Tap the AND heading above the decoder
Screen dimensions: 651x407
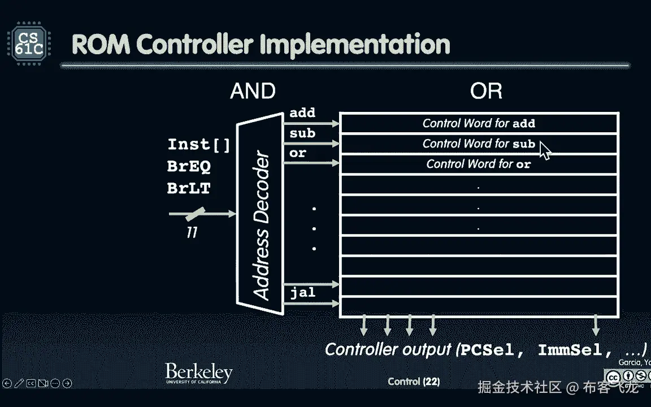click(x=253, y=91)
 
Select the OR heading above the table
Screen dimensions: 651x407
click(x=486, y=91)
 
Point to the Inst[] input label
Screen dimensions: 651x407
click(x=199, y=145)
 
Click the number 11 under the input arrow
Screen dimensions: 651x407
click(x=192, y=232)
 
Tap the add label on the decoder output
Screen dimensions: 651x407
click(x=302, y=112)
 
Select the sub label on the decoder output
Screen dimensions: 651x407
click(x=302, y=134)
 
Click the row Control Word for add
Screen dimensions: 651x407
click(x=479, y=123)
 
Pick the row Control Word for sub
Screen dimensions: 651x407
click(x=479, y=144)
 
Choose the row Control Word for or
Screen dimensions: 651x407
click(x=479, y=164)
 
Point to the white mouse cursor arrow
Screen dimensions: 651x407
click(x=545, y=150)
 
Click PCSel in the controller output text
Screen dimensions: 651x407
click(x=488, y=350)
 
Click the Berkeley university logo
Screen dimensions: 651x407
click(x=198, y=374)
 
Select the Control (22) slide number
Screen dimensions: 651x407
click(x=414, y=382)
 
